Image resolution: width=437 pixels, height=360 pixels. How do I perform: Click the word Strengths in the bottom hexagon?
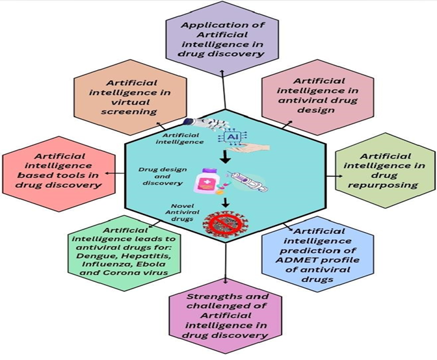(x=205, y=298)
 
